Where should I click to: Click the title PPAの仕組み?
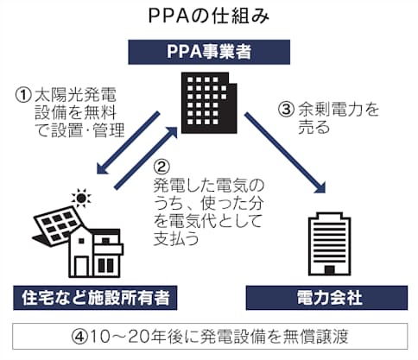[x=209, y=16]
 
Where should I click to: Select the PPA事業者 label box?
[x=209, y=52]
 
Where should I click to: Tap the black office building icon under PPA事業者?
[x=209, y=103]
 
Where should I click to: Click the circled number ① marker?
[x=23, y=95]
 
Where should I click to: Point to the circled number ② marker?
[x=161, y=167]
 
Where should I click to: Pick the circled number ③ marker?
[x=286, y=110]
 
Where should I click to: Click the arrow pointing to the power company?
[x=285, y=153]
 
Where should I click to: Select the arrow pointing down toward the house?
[x=128, y=143]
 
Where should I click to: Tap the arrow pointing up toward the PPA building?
[x=146, y=157]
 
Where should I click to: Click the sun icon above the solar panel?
[x=81, y=198]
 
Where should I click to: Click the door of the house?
[x=81, y=266]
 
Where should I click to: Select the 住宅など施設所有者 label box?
[x=95, y=298]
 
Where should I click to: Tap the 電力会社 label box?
[x=326, y=298]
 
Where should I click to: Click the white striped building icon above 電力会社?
[x=330, y=244]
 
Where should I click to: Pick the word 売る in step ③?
[x=313, y=127]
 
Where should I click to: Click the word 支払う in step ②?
[x=176, y=238]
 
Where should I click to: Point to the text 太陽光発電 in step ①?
[x=75, y=95]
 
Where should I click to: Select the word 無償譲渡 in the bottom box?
[x=315, y=337]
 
